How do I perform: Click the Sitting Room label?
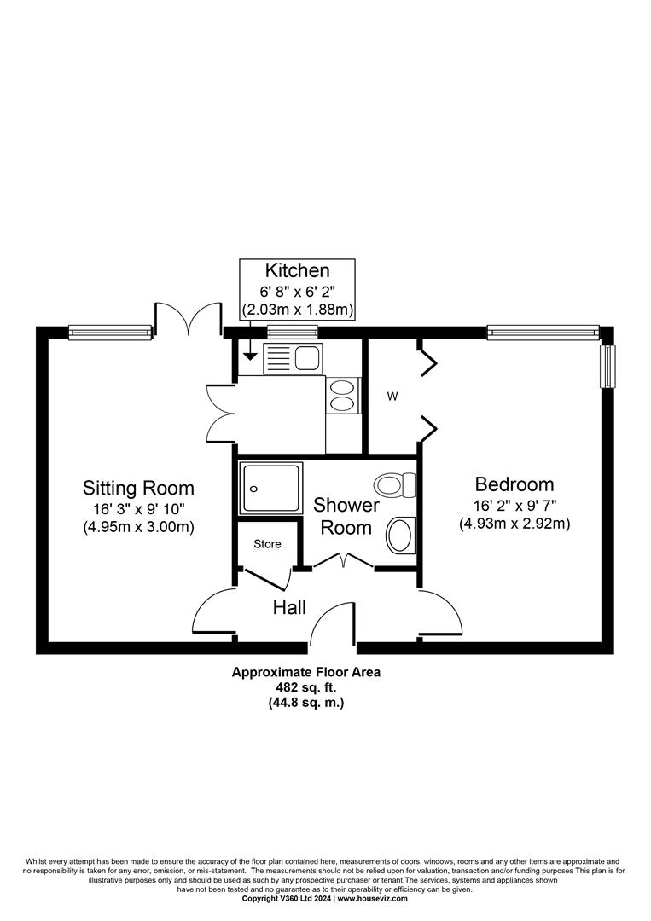click(138, 488)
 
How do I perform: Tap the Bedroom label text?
click(514, 484)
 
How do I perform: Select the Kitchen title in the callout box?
click(297, 271)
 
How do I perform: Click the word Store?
click(267, 544)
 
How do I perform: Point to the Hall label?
click(289, 607)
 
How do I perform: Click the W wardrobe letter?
click(392, 397)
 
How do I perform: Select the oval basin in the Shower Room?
click(401, 535)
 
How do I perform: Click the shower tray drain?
click(253, 489)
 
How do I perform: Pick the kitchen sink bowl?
click(307, 357)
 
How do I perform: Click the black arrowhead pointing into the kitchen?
click(250, 355)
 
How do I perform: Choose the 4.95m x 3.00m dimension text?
click(139, 527)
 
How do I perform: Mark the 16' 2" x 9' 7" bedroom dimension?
click(514, 505)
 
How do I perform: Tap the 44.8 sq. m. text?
click(306, 702)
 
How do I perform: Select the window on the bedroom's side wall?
click(607, 367)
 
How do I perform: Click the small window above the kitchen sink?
click(293, 332)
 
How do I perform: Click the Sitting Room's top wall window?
click(110, 333)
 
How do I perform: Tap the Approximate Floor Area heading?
click(306, 672)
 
